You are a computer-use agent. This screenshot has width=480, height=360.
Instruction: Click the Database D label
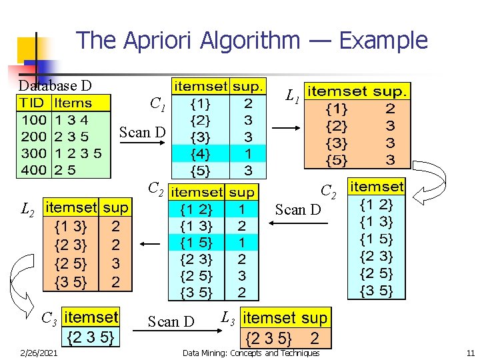(x=55, y=85)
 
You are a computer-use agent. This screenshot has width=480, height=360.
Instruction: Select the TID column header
(x=33, y=103)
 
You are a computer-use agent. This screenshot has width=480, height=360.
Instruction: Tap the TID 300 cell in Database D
(x=33, y=153)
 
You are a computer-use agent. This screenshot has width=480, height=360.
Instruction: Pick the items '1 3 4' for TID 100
(x=72, y=120)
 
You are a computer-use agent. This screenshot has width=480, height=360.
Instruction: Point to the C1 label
(x=158, y=104)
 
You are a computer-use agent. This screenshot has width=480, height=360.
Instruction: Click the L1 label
(x=291, y=97)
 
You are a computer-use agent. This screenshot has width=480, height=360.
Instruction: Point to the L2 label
(x=28, y=211)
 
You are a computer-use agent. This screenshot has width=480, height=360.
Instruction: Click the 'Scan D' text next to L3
(x=171, y=322)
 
